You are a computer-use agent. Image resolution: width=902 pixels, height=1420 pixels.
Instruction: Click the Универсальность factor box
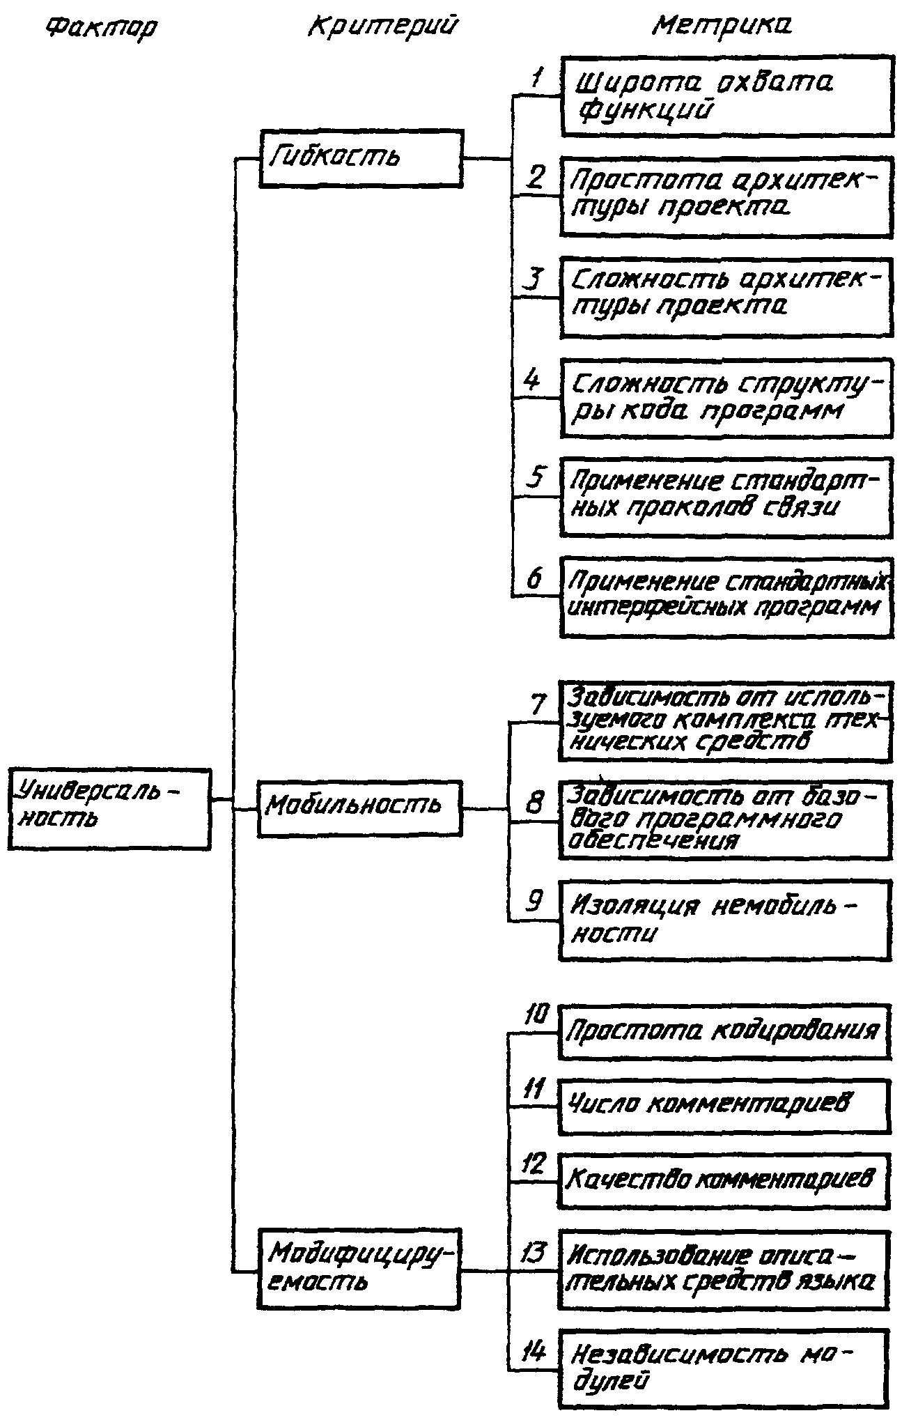point(109,808)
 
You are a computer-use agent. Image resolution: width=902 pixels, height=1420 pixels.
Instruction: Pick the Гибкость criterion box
point(361,158)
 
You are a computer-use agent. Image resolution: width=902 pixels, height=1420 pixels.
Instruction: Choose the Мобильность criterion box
point(359,808)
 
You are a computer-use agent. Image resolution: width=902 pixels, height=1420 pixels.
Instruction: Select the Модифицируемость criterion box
point(359,1269)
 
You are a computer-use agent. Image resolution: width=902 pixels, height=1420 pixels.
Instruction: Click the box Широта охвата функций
point(726,96)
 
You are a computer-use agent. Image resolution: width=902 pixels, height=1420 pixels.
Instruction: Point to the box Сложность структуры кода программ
point(726,398)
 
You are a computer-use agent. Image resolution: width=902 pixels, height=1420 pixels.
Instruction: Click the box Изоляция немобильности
point(725,920)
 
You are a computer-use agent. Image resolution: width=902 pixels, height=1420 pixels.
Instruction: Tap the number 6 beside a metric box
point(534,580)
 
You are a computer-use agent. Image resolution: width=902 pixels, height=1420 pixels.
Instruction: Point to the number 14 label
point(534,1354)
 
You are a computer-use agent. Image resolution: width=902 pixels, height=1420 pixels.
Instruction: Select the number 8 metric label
point(534,803)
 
